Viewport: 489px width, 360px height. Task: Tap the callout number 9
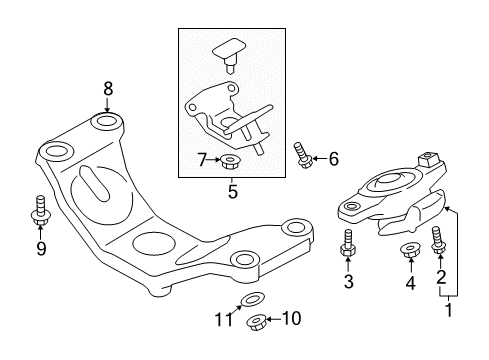click(x=40, y=247)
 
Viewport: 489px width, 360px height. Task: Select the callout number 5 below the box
click(x=232, y=191)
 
